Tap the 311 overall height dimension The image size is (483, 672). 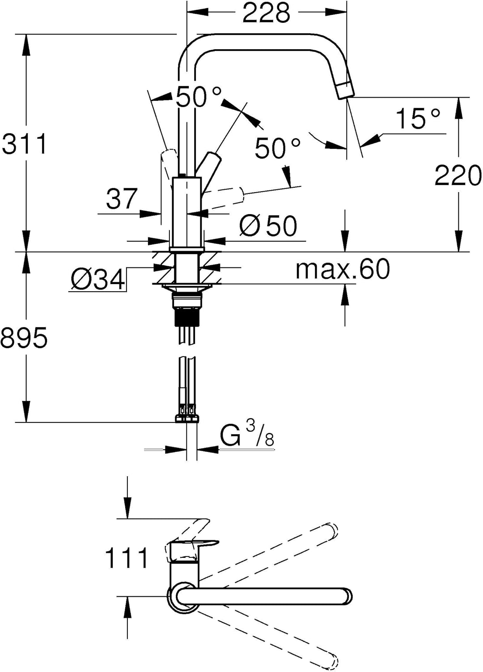(24, 144)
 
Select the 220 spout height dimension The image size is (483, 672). (458, 176)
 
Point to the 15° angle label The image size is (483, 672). (418, 118)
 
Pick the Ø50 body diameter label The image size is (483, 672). (268, 226)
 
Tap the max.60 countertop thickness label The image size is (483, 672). (343, 269)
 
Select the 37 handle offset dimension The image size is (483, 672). (122, 198)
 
